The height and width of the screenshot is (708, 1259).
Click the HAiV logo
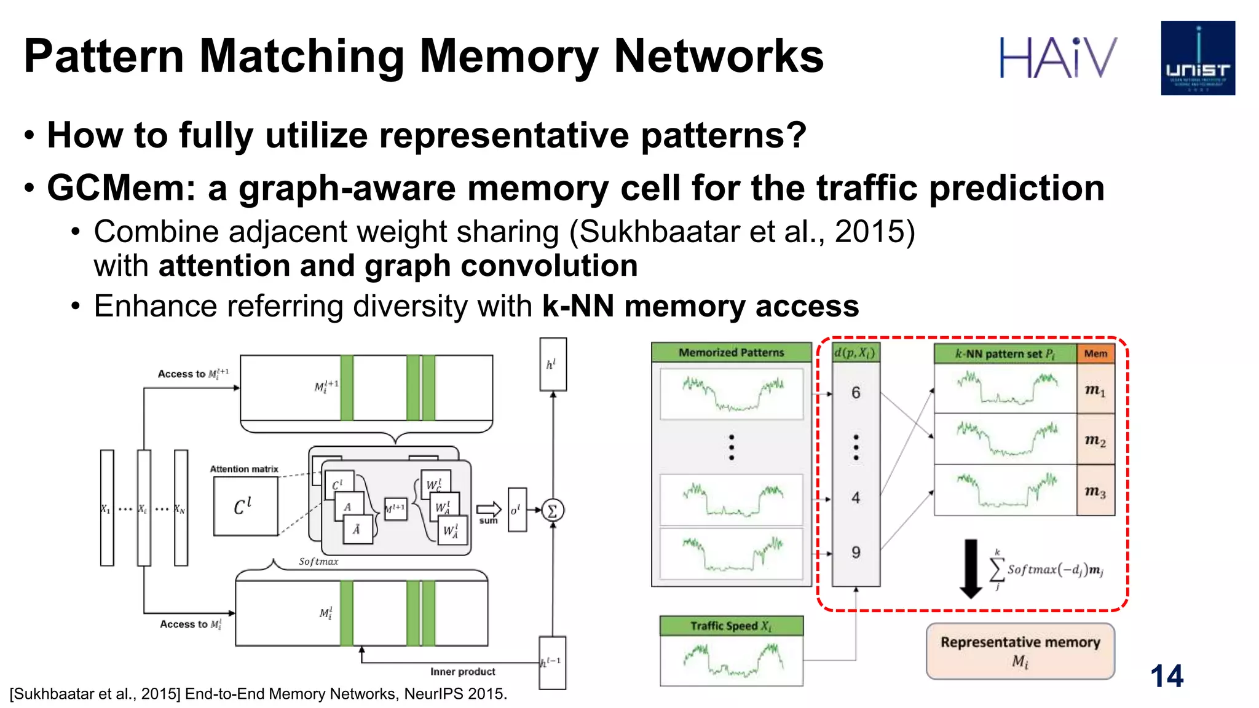click(1057, 57)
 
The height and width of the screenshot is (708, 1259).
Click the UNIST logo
click(1198, 58)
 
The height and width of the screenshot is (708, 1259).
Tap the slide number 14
click(1166, 676)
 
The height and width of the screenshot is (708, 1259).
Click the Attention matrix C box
click(245, 506)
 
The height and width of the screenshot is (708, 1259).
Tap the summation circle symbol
click(552, 510)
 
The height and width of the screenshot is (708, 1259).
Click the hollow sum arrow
click(489, 509)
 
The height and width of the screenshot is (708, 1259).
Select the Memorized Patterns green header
click(731, 352)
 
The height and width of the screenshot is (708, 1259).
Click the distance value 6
click(855, 393)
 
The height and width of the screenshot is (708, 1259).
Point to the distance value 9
click(855, 553)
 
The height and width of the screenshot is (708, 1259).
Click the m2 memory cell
click(1095, 440)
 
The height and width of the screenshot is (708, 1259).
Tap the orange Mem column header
click(1095, 353)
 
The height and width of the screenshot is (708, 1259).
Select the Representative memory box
click(1020, 651)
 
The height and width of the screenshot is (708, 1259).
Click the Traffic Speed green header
click(731, 626)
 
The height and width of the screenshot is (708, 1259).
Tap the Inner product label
click(462, 671)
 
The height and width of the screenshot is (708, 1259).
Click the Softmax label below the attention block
click(318, 561)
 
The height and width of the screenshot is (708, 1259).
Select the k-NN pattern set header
click(1004, 353)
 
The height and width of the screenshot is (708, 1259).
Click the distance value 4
click(855, 497)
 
